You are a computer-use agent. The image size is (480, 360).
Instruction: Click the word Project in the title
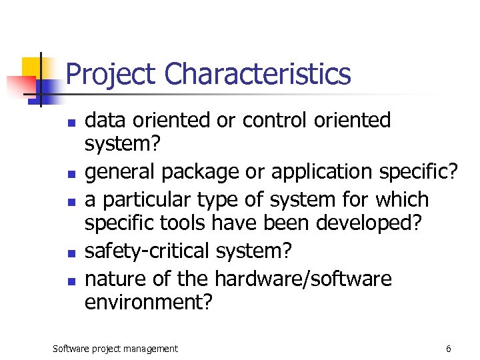111,74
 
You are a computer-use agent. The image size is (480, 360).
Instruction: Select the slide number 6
449,349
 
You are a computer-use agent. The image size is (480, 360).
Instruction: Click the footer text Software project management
115,349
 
